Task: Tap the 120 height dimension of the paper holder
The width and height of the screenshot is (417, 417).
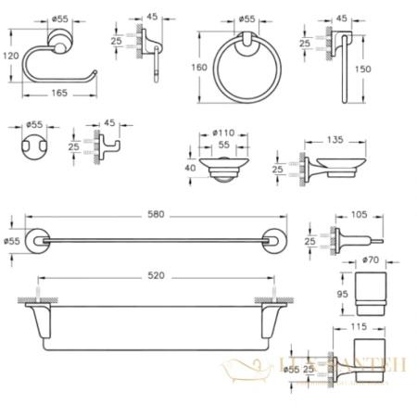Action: click(9, 55)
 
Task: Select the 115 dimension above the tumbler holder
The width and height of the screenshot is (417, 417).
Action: click(360, 328)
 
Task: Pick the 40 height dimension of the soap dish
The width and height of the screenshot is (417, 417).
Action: click(190, 168)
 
